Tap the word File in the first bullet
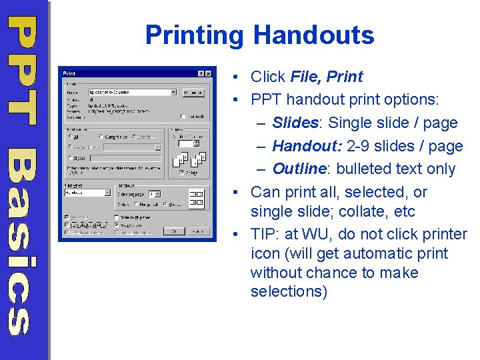[x=305, y=77]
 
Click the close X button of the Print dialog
[x=209, y=73]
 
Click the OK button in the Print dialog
[x=173, y=231]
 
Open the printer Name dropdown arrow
[x=173, y=93]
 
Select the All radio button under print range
[x=69, y=137]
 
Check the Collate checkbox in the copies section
[x=181, y=172]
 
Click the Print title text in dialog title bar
[x=69, y=73]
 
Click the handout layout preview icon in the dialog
[x=197, y=197]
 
